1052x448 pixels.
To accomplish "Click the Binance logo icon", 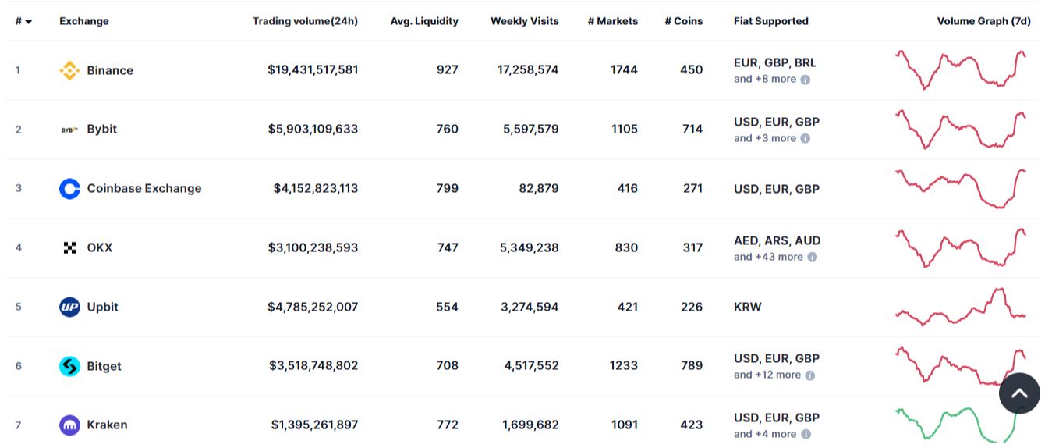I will (x=69, y=70).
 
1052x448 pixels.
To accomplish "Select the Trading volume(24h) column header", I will (x=305, y=21).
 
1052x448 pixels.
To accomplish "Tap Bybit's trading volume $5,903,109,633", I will (x=313, y=129).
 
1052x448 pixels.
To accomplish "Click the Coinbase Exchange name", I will (x=143, y=188).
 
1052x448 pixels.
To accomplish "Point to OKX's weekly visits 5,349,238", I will (x=529, y=247).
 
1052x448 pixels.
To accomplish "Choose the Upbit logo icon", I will (x=69, y=307).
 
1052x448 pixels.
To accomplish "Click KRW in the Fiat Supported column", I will (x=747, y=307).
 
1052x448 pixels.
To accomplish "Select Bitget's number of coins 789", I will (x=691, y=365).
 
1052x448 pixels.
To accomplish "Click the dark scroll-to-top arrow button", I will (x=1019, y=393).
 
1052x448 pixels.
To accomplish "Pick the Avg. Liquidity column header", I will (x=424, y=21).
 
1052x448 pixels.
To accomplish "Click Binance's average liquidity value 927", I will (x=447, y=69).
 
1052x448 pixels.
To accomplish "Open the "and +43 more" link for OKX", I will (x=768, y=257).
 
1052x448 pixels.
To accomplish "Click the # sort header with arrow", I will (x=23, y=21).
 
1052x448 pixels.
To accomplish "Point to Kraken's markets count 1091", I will (x=624, y=425).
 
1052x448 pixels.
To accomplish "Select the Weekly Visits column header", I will (x=524, y=21).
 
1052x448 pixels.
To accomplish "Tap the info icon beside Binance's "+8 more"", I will (x=806, y=80).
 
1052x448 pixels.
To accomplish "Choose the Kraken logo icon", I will (x=69, y=425).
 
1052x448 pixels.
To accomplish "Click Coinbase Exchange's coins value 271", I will (x=692, y=188).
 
